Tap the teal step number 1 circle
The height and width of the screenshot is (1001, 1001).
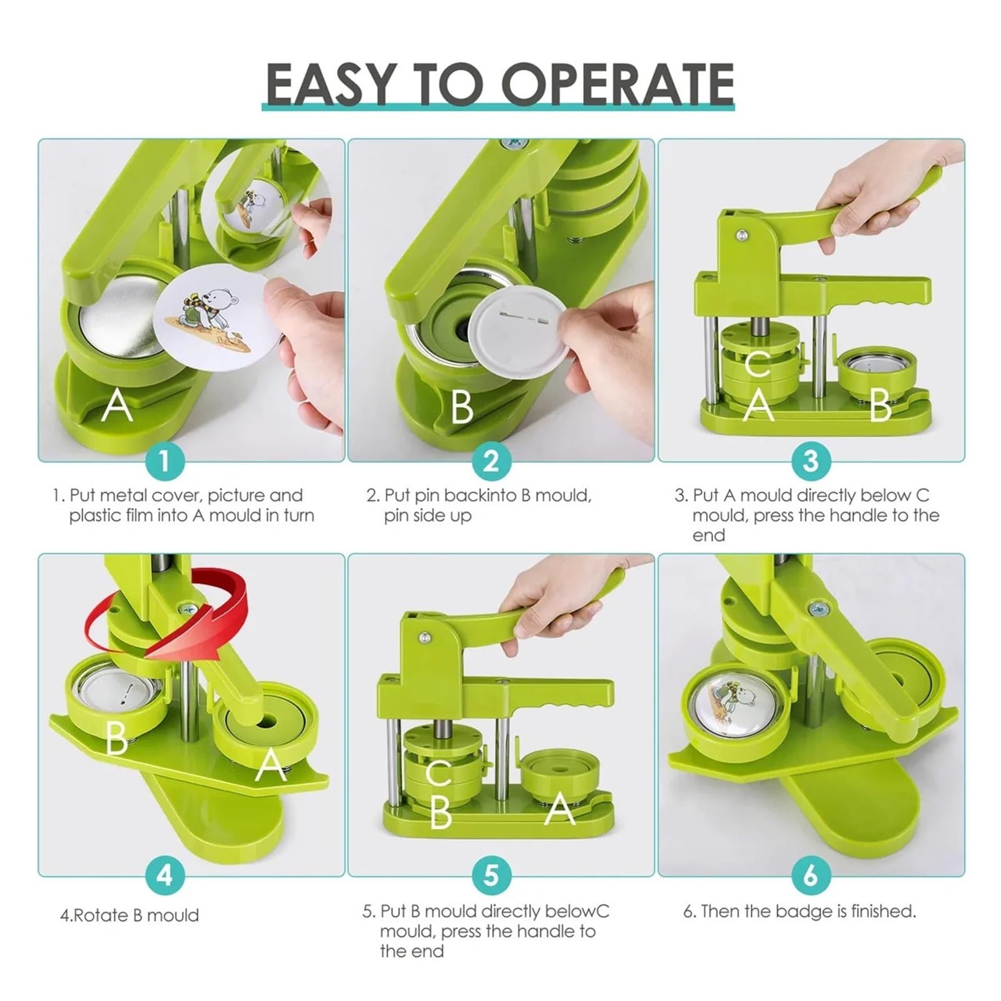164,461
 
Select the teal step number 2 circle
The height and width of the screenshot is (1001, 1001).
492,461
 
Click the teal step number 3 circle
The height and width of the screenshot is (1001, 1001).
811,461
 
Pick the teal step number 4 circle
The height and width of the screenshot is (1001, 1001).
164,875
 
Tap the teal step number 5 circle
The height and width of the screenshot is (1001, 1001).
492,875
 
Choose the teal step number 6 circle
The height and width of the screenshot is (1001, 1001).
811,875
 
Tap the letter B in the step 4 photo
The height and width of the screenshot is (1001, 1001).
116,738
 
